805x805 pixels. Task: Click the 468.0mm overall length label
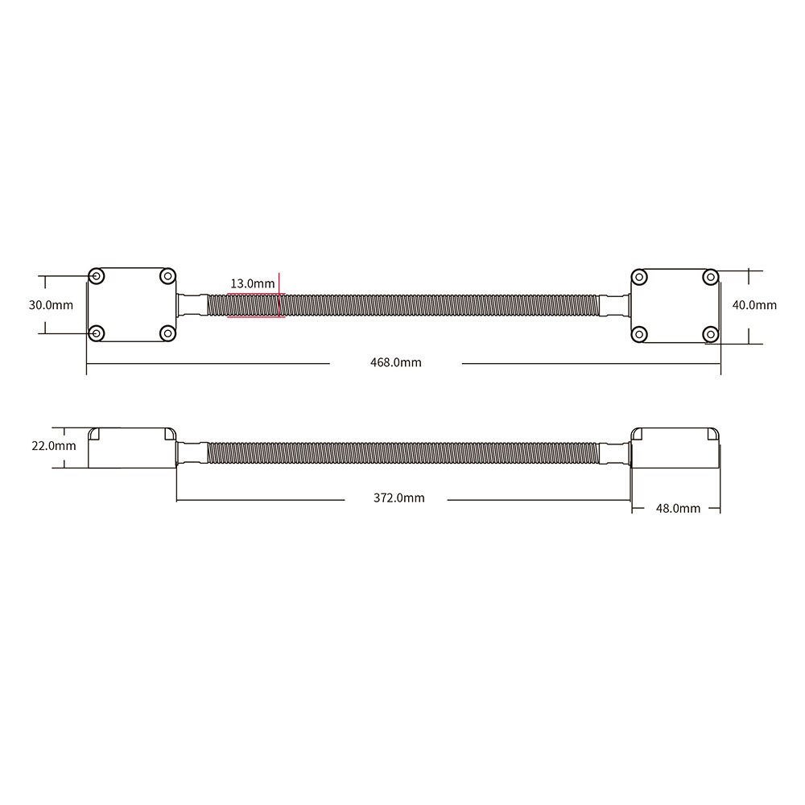click(x=395, y=362)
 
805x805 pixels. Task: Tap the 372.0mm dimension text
click(x=398, y=497)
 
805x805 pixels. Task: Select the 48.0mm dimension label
click(x=678, y=508)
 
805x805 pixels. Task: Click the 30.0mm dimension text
click(x=51, y=304)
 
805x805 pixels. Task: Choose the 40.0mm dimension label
click(x=754, y=304)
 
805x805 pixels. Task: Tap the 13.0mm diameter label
click(x=253, y=283)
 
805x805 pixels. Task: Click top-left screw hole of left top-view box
click(x=97, y=276)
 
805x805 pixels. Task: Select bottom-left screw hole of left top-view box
click(x=97, y=332)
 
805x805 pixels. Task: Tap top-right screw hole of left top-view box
click(x=167, y=276)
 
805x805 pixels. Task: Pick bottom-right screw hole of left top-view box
click(x=167, y=332)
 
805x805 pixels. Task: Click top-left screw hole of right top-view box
click(x=639, y=277)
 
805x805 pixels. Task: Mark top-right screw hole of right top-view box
click(x=710, y=277)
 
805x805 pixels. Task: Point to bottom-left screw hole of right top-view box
click(x=639, y=333)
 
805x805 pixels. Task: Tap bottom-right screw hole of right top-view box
click(x=710, y=333)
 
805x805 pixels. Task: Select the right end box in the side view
click(x=675, y=448)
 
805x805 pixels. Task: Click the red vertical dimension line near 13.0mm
click(x=279, y=295)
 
